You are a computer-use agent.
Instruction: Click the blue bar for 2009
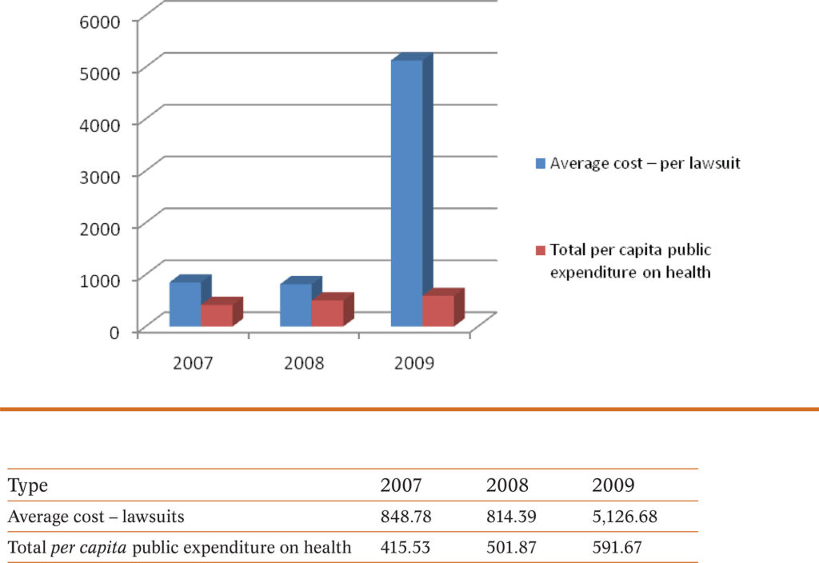[x=406, y=192]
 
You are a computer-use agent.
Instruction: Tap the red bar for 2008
[x=327, y=313]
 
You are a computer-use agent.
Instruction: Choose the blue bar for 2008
[x=296, y=305]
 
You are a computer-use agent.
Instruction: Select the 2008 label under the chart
[x=304, y=363]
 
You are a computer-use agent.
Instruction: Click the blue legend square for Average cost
[x=540, y=164]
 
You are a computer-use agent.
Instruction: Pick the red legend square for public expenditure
[x=540, y=250]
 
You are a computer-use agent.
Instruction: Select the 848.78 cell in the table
[x=407, y=517]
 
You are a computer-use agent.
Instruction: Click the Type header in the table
[x=28, y=485]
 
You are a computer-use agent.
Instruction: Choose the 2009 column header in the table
[x=613, y=485]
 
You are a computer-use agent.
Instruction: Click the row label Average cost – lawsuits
[x=96, y=517]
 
